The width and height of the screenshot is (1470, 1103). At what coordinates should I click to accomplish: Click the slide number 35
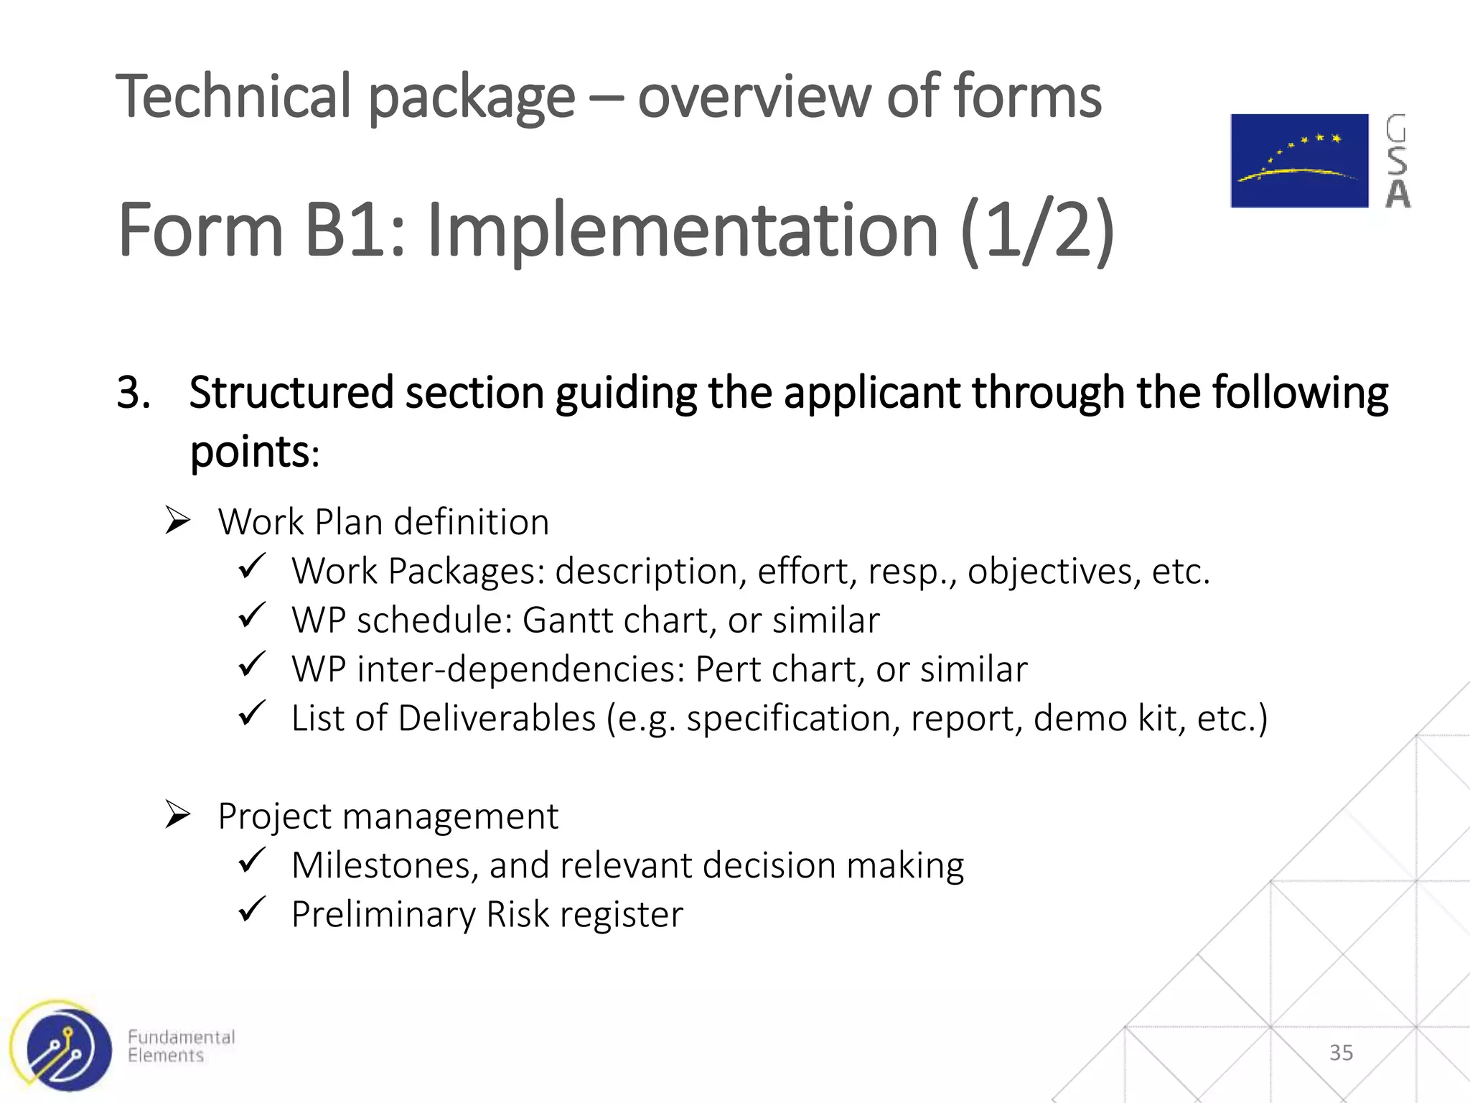pos(1341,1053)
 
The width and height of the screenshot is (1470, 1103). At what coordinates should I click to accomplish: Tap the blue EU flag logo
pos(1299,161)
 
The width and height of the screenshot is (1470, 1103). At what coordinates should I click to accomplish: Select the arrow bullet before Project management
pos(177,814)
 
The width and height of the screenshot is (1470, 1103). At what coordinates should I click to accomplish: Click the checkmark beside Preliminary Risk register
pos(252,910)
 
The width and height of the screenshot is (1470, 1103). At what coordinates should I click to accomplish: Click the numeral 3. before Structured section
pos(134,393)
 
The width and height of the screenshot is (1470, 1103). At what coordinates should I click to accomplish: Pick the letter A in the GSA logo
pos(1398,193)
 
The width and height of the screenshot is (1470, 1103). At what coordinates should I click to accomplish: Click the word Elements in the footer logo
pos(166,1056)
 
